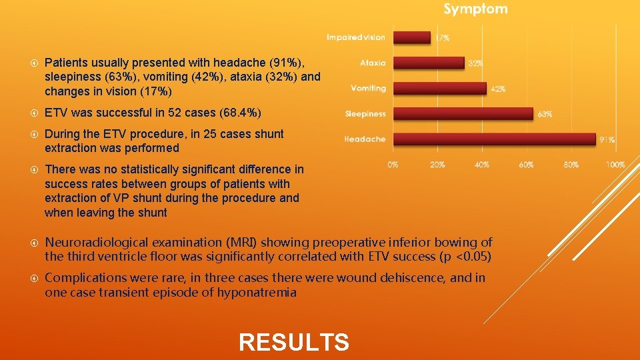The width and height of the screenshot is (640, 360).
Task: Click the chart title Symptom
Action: [475, 9]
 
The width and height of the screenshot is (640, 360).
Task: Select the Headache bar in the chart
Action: [493, 139]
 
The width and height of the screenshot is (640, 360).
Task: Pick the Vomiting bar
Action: [439, 88]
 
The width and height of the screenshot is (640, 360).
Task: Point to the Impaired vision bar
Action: [412, 37]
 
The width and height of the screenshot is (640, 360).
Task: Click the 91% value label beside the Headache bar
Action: [607, 140]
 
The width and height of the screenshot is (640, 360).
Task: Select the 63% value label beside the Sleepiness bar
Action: [544, 115]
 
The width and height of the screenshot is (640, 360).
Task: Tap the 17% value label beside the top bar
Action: [442, 38]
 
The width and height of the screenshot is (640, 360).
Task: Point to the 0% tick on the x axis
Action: [393, 165]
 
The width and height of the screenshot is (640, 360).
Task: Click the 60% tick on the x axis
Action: [526, 165]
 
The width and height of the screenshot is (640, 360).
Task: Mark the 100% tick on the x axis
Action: [615, 165]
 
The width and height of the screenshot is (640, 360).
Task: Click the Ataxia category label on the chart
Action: [373, 63]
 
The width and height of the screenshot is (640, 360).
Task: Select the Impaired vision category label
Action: [356, 37]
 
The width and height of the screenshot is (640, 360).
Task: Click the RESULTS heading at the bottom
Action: [293, 343]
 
